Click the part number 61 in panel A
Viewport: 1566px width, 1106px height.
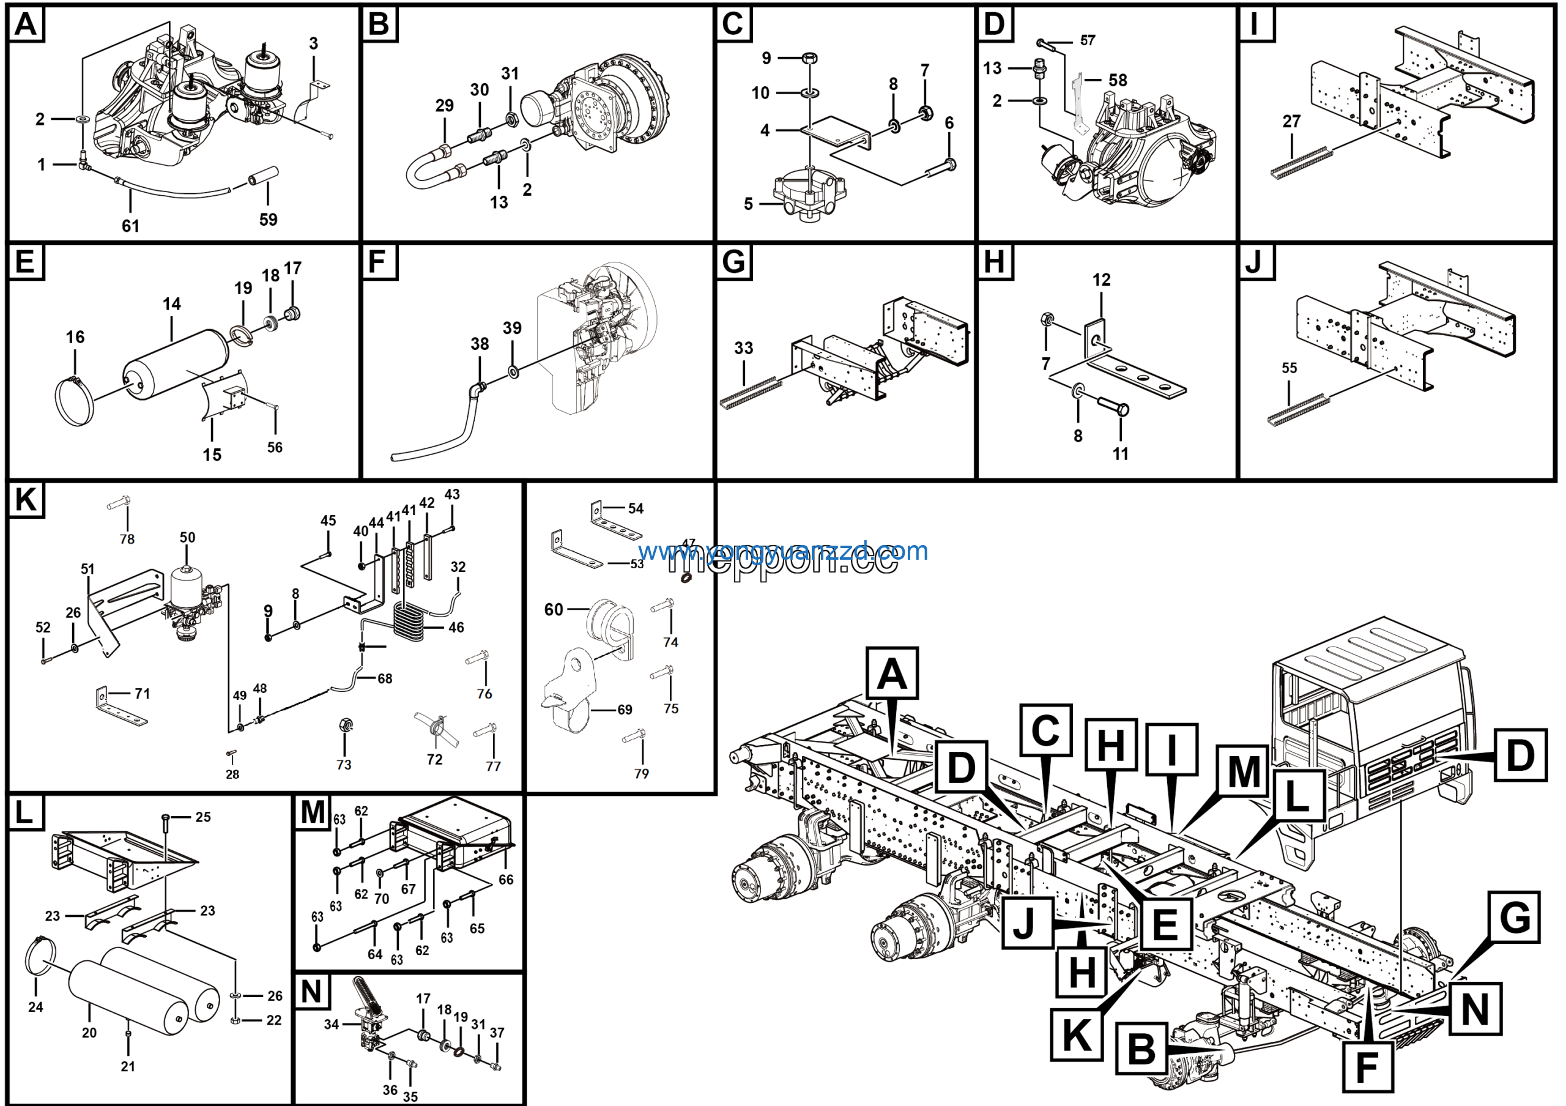pyautogui.click(x=130, y=226)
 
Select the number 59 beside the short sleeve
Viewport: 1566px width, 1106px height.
pyautogui.click(x=268, y=220)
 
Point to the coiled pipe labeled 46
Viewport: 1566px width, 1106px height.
pyautogui.click(x=409, y=622)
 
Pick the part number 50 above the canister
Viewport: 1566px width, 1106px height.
pyautogui.click(x=188, y=537)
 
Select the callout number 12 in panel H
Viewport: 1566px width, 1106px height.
pyautogui.click(x=1102, y=280)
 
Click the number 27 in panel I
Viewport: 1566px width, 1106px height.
pyautogui.click(x=1292, y=121)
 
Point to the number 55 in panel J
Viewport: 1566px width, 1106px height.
pyautogui.click(x=1289, y=368)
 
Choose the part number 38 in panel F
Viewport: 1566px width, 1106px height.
pyautogui.click(x=480, y=344)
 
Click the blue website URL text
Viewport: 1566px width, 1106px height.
pyautogui.click(x=783, y=551)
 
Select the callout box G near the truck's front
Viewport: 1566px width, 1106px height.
pyautogui.click(x=1515, y=917)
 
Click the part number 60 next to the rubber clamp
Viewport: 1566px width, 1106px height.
pyautogui.click(x=553, y=609)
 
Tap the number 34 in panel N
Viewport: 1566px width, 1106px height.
pyautogui.click(x=332, y=1024)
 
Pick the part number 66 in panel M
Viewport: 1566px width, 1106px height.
pyautogui.click(x=505, y=880)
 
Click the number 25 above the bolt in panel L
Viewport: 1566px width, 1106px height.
pyautogui.click(x=203, y=817)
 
